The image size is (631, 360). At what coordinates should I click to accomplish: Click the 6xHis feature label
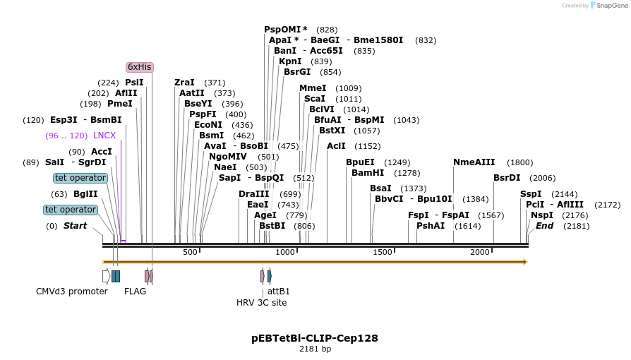tap(139, 67)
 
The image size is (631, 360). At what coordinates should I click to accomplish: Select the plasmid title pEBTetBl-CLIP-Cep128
tap(315, 338)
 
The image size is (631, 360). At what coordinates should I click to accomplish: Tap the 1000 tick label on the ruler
tap(285, 252)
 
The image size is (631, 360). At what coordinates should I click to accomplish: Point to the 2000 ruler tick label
tap(480, 252)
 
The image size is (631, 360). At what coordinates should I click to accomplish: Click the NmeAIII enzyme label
tap(474, 162)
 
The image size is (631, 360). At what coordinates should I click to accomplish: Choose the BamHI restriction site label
tap(366, 173)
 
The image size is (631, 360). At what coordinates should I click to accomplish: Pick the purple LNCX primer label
tap(104, 136)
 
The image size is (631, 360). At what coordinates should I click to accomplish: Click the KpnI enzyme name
tap(291, 61)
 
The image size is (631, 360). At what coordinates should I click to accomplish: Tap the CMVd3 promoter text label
tap(72, 291)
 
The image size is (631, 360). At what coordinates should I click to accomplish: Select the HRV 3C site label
tap(262, 303)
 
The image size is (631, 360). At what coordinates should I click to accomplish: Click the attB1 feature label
tap(279, 291)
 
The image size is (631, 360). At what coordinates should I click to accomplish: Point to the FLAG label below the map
tap(135, 291)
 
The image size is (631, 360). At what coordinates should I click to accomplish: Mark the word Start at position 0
tap(76, 226)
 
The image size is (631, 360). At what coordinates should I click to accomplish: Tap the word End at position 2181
tap(545, 226)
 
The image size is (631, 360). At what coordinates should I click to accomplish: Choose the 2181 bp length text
tap(315, 349)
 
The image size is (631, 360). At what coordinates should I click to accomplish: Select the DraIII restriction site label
tap(254, 194)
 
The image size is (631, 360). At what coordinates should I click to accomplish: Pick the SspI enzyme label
tap(531, 194)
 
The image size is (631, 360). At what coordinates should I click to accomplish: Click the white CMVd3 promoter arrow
tap(106, 276)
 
